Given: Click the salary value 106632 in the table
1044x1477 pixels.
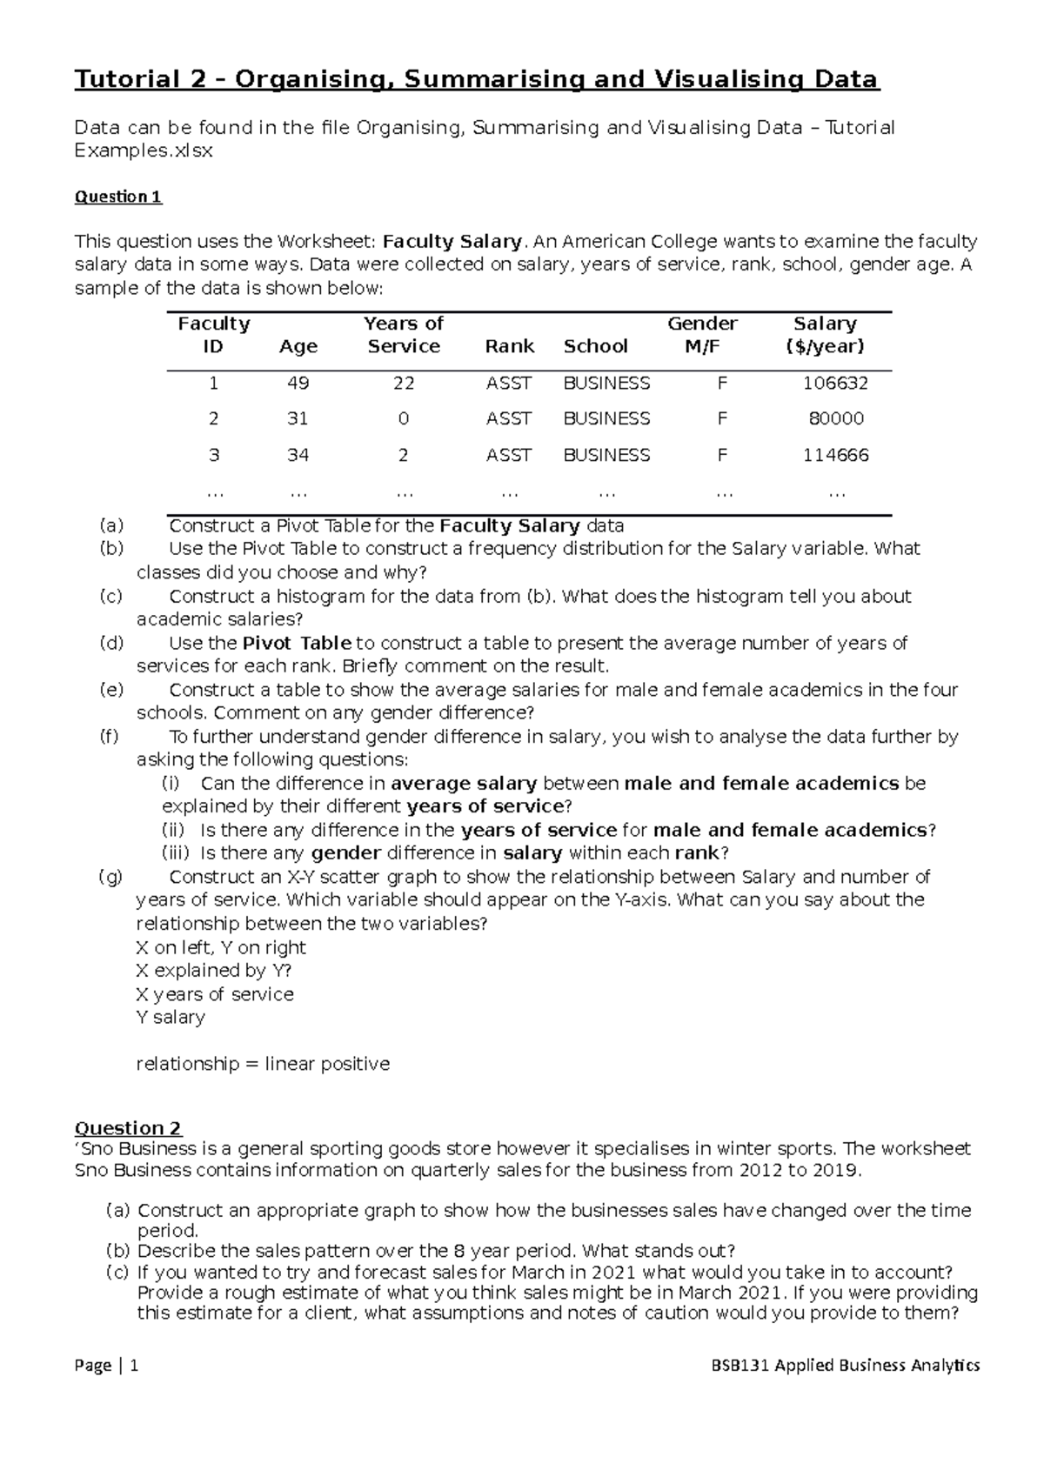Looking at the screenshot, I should [835, 384].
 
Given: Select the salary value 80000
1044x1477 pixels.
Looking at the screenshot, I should [836, 419].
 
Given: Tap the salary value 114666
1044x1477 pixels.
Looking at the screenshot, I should [835, 456].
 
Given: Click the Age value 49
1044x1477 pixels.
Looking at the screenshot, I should [298, 384].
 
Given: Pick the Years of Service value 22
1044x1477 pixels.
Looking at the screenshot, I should [404, 384].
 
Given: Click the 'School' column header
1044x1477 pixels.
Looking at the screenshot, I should [595, 346].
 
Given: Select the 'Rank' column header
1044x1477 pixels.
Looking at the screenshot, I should [510, 346].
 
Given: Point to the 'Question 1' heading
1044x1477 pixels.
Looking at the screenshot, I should [118, 197].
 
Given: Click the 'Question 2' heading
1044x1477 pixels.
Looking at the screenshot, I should [128, 1129].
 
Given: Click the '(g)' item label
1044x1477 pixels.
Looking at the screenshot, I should [111, 877].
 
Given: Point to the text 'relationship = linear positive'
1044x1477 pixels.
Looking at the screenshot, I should [263, 1065].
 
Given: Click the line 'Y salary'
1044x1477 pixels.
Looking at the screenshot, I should [171, 1018].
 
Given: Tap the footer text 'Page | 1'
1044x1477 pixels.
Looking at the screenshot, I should [107, 1366].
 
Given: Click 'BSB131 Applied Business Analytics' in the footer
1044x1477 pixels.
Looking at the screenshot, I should [845, 1366].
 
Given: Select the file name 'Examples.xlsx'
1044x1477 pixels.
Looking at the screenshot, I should [144, 150].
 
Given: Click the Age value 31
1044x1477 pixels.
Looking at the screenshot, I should [298, 419].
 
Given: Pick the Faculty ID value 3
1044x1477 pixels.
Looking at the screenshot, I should [213, 456].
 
